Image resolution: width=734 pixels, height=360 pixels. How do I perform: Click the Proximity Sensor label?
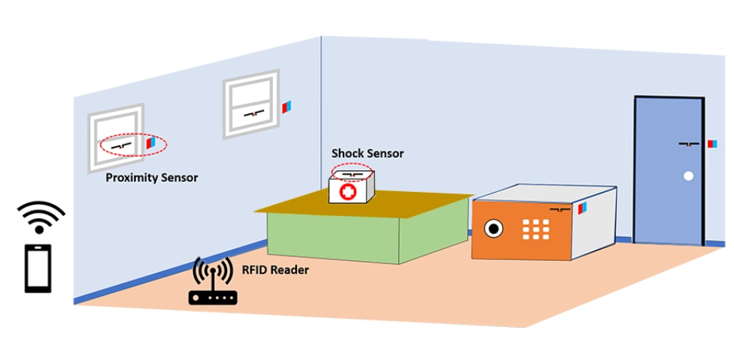coord(151,178)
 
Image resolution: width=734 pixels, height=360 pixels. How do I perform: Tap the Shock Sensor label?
coord(367,154)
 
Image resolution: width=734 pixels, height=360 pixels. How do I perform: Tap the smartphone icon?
coord(38,268)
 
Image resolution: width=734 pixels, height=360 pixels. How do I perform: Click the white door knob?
coord(688,177)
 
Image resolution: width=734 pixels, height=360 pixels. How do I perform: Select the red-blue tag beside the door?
coord(711,143)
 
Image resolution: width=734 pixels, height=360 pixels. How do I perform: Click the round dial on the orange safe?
coord(494,227)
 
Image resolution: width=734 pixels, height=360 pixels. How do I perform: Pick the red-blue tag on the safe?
coord(582,210)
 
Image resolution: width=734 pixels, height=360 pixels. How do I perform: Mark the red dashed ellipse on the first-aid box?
coord(352,172)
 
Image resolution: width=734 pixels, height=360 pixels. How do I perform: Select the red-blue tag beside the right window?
coord(286,107)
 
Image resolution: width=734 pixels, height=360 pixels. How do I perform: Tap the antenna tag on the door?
coord(689,142)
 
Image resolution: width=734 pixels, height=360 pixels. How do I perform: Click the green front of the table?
coord(334,237)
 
